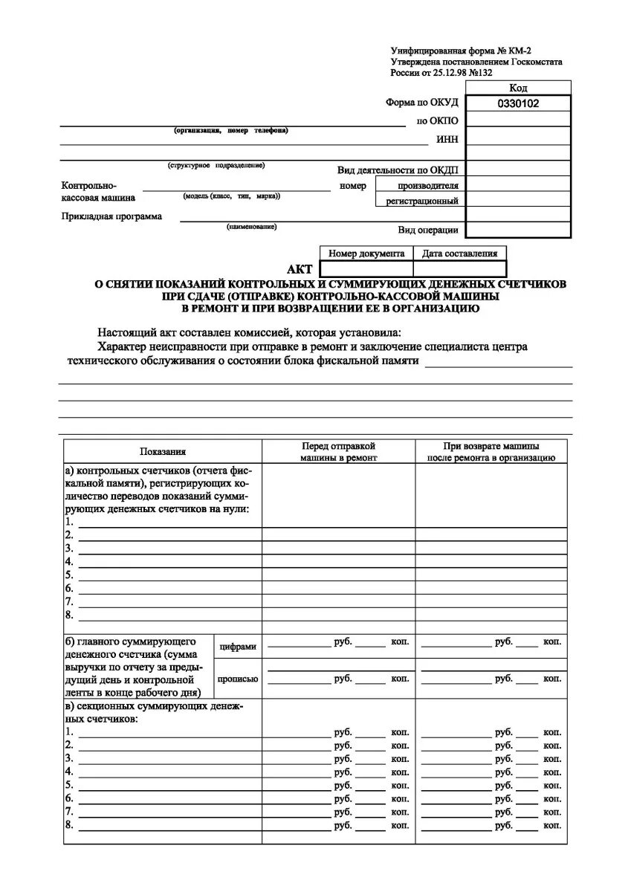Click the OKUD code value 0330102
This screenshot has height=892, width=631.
pyautogui.click(x=518, y=104)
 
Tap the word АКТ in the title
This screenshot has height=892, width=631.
pyautogui.click(x=300, y=270)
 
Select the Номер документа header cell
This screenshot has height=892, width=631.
pyautogui.click(x=366, y=253)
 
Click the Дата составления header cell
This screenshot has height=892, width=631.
pyautogui.click(x=459, y=253)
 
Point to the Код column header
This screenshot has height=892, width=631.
pyautogui.click(x=518, y=88)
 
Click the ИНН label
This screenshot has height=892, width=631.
pyautogui.click(x=448, y=139)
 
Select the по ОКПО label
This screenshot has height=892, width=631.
pyautogui.click(x=438, y=121)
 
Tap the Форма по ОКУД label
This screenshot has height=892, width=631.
pyautogui.click(x=422, y=103)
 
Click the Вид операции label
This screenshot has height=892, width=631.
pyautogui.click(x=428, y=230)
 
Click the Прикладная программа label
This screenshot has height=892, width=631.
pyautogui.click(x=111, y=217)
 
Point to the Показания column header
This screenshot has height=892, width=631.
pyautogui.click(x=163, y=451)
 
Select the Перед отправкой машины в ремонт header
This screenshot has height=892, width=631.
pyautogui.click(x=338, y=451)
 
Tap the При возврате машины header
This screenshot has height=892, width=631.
pyautogui.click(x=491, y=451)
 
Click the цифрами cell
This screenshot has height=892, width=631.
pyautogui.click(x=238, y=647)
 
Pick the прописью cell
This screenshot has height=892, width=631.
pyautogui.click(x=238, y=679)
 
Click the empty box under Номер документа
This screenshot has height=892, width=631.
pyautogui.click(x=366, y=269)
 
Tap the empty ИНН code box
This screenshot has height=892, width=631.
pyautogui.click(x=518, y=139)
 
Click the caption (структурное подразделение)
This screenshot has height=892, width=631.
pyautogui.click(x=216, y=165)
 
